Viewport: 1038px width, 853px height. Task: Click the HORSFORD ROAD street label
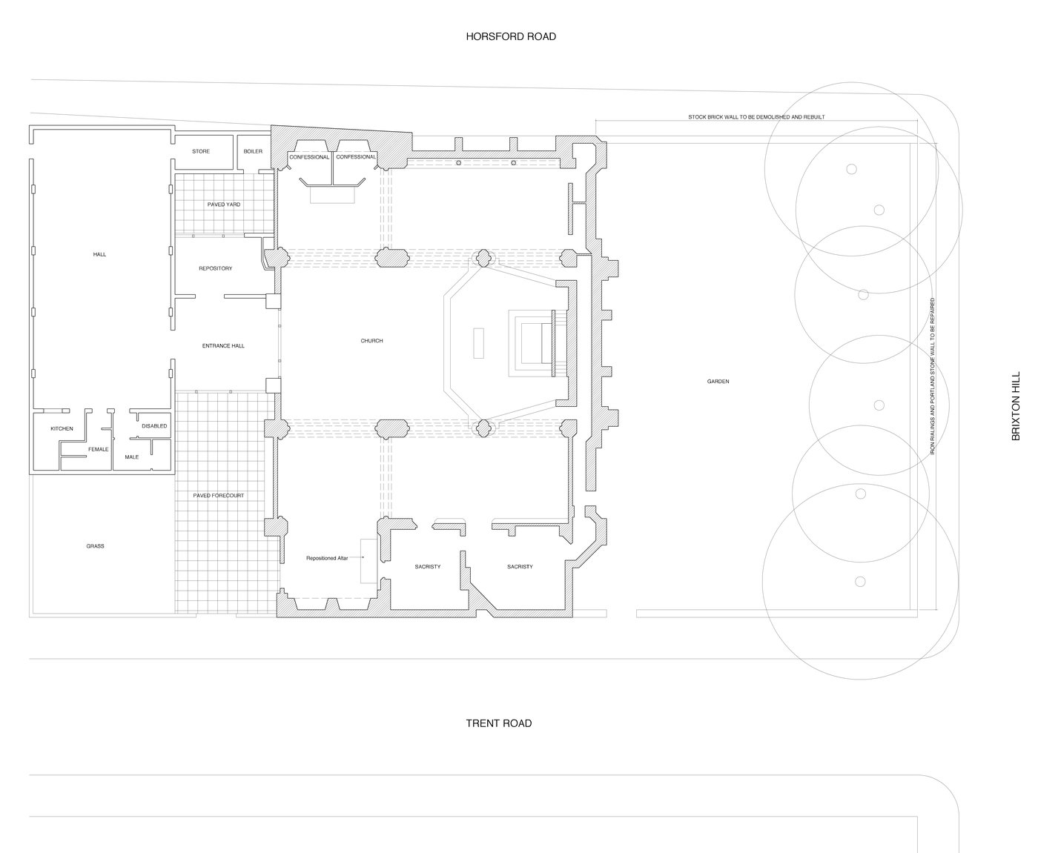(x=511, y=36)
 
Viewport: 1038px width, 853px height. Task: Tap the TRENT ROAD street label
(x=498, y=723)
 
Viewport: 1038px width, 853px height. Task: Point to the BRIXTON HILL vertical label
(x=1016, y=406)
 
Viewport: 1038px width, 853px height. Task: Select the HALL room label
(x=99, y=254)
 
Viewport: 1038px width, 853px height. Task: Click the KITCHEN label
(x=62, y=428)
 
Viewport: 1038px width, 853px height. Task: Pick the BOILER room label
(x=253, y=151)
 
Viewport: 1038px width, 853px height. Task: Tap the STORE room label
(x=201, y=151)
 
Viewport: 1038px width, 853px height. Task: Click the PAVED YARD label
(x=224, y=204)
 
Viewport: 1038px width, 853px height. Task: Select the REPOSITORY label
(x=216, y=268)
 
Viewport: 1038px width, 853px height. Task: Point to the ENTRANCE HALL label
(x=223, y=346)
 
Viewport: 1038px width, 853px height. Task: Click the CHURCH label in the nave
(x=371, y=340)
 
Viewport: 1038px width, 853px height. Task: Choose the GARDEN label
(x=718, y=381)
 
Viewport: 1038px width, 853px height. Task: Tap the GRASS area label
(x=95, y=546)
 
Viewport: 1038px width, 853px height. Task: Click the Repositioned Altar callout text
(x=327, y=558)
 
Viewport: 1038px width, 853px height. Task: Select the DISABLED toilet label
(x=154, y=426)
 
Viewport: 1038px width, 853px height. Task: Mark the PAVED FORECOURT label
(x=219, y=495)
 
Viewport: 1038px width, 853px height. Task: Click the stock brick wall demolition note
(x=756, y=117)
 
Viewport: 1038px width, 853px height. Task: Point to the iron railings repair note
(x=932, y=376)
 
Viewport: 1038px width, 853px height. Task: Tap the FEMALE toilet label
(x=99, y=449)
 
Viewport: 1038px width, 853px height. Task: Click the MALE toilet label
(x=132, y=457)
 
